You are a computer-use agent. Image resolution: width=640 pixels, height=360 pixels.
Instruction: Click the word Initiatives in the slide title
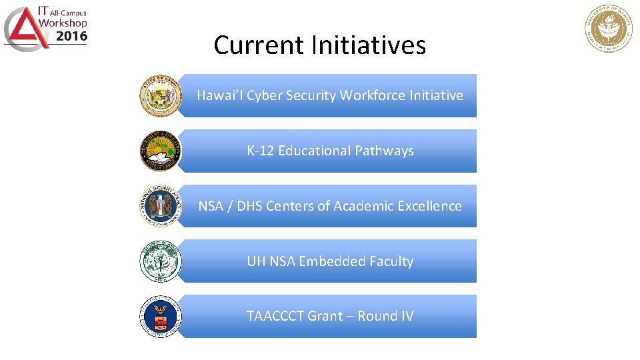368,45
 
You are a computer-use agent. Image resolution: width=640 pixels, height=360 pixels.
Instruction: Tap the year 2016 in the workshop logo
71,37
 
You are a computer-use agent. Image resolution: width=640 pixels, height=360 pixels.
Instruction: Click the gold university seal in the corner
609,28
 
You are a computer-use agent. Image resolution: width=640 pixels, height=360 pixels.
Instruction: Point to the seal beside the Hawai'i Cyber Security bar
160,96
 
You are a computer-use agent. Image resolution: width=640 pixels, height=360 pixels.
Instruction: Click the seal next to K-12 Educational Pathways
160,151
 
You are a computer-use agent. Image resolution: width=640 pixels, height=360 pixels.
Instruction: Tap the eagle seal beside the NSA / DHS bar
160,206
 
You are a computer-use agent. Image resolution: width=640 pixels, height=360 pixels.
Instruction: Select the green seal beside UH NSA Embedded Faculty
160,261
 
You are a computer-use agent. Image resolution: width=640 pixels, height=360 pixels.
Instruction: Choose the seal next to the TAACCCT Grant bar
160,317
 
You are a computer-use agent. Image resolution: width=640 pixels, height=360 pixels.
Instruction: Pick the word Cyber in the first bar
265,95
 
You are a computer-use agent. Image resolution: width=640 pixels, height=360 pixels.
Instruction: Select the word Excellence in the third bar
429,206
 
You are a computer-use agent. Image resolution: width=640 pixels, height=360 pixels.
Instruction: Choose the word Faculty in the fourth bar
389,261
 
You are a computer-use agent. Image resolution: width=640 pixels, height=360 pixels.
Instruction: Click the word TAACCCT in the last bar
275,316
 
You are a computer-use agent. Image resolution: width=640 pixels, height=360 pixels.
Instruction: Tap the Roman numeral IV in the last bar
406,316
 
